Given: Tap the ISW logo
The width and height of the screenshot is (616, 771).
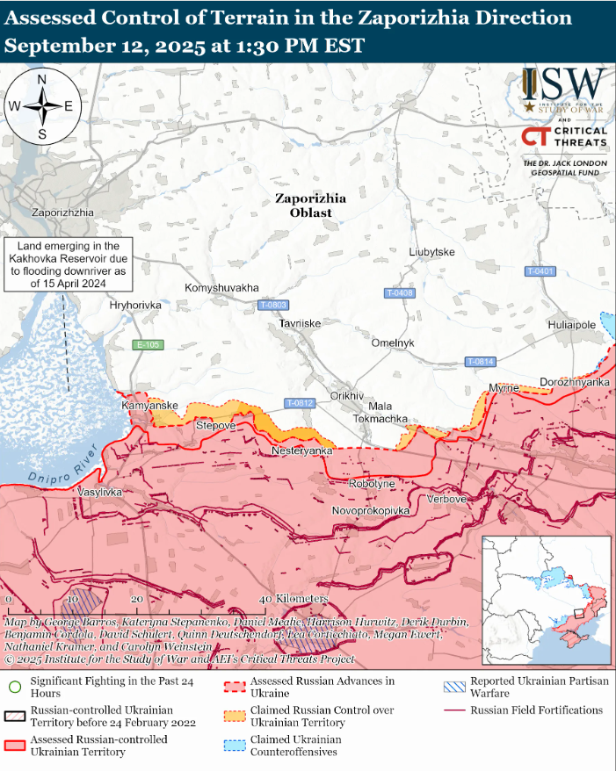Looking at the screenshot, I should tap(563, 89).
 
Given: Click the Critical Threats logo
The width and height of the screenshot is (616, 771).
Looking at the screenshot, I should tap(563, 136).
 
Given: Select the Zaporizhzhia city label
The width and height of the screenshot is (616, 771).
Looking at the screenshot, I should tap(62, 213).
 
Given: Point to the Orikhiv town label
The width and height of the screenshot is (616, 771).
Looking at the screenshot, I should tap(346, 396).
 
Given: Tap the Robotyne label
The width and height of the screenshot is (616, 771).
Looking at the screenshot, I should tap(372, 484).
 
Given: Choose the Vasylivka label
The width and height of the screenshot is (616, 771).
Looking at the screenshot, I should tap(99, 493).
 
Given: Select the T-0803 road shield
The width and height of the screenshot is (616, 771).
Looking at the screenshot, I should tap(273, 305).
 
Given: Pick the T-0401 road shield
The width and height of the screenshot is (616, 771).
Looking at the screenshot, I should tap(540, 271).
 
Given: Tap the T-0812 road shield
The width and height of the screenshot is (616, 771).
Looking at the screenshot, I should tap(300, 403).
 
